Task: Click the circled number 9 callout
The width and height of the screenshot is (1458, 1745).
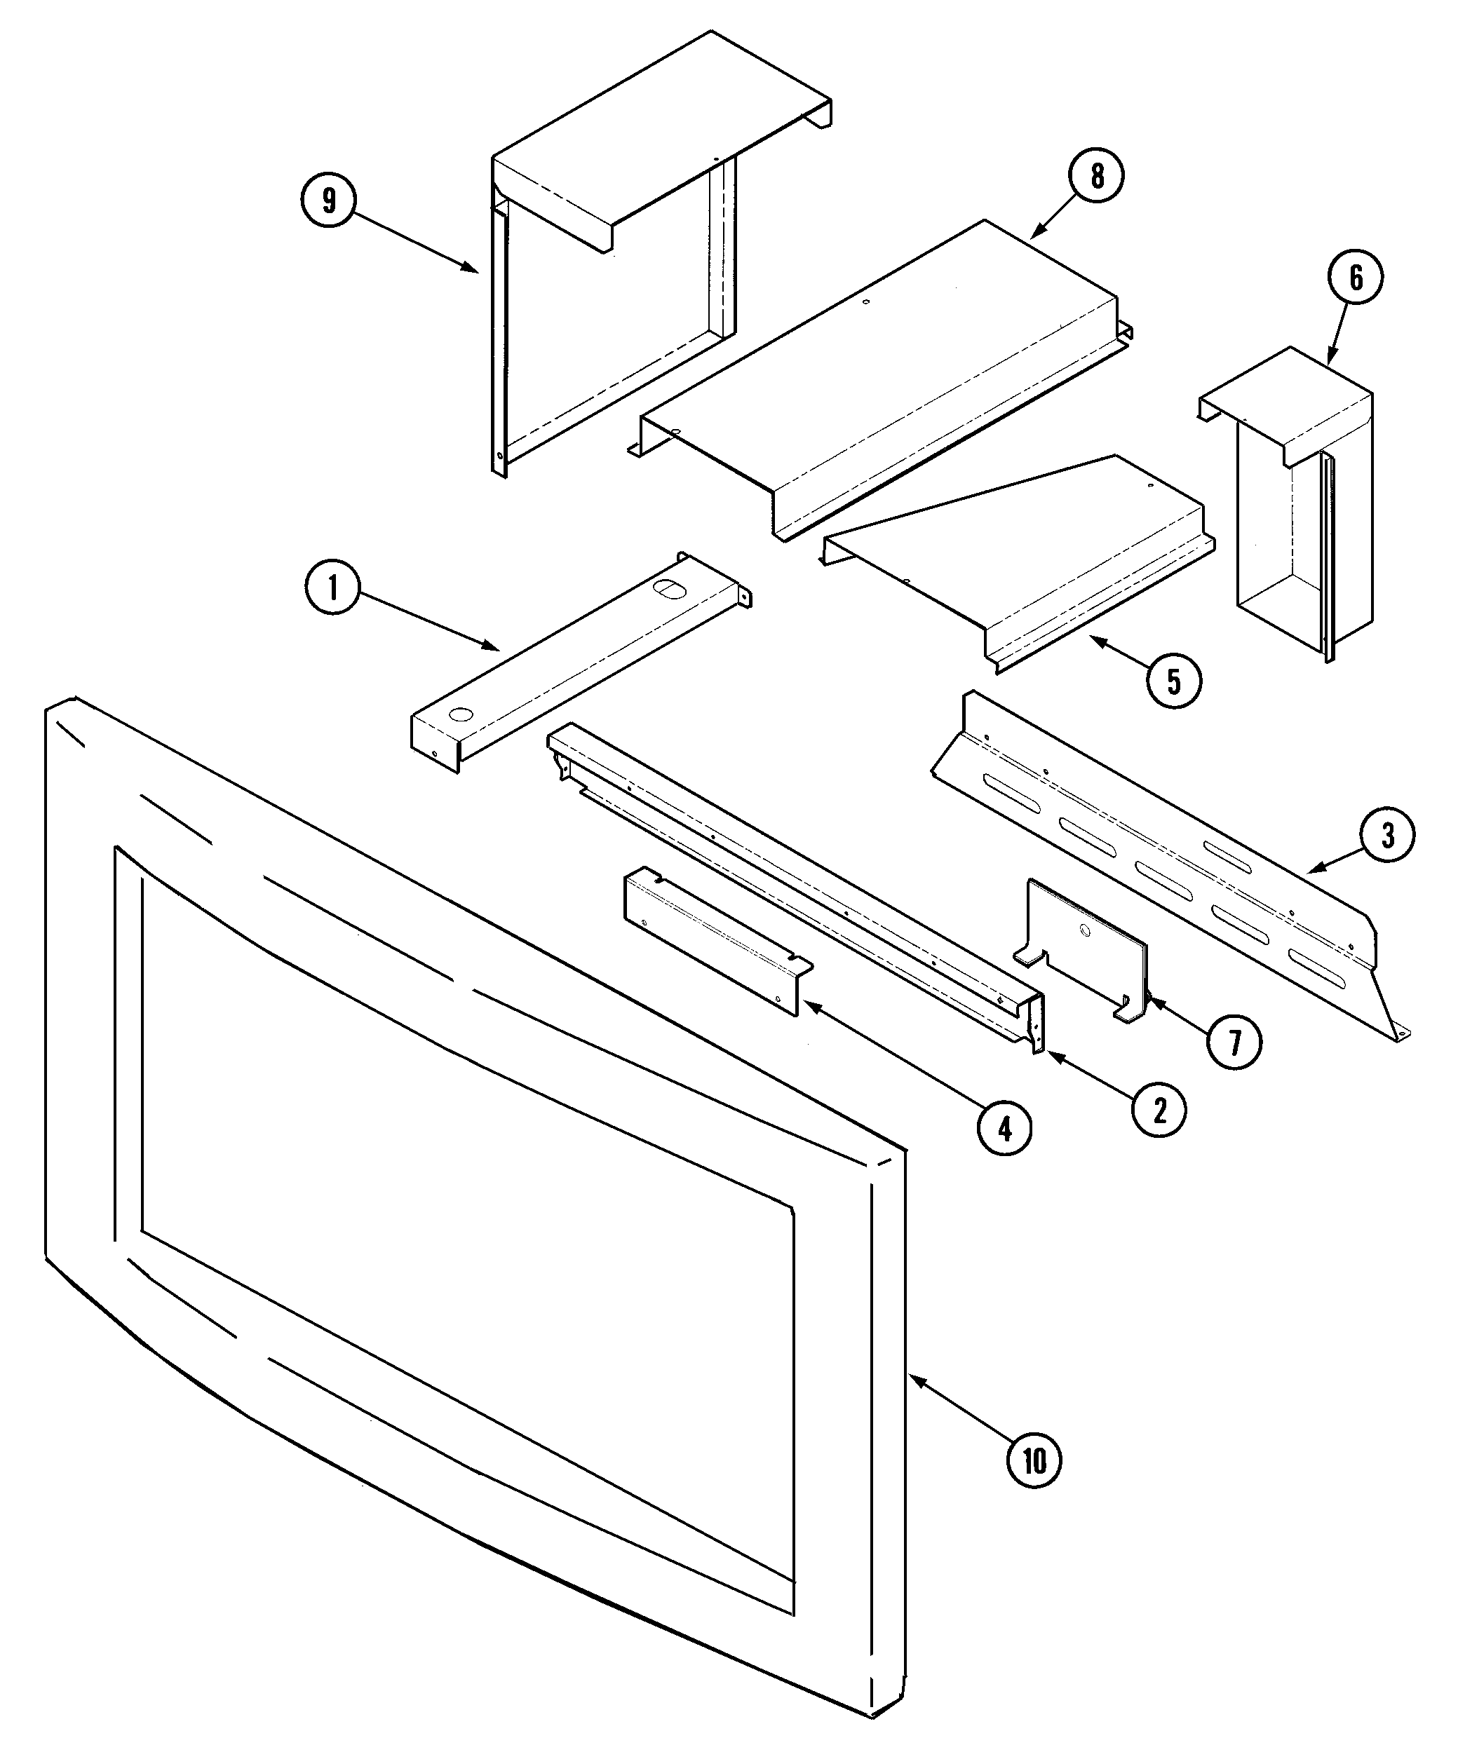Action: pyautogui.click(x=328, y=201)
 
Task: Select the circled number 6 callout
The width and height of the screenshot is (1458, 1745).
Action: pyautogui.click(x=1356, y=278)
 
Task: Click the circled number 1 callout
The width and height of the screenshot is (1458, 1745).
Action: pyautogui.click(x=332, y=588)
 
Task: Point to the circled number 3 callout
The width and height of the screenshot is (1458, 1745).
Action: pyautogui.click(x=1387, y=835)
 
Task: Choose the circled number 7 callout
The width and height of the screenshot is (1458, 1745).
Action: pyautogui.click(x=1234, y=1042)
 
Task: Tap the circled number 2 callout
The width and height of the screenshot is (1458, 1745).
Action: pyautogui.click(x=1159, y=1110)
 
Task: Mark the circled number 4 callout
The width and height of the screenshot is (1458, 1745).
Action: pyautogui.click(x=1004, y=1129)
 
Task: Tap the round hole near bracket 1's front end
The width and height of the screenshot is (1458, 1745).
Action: pyautogui.click(x=458, y=713)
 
